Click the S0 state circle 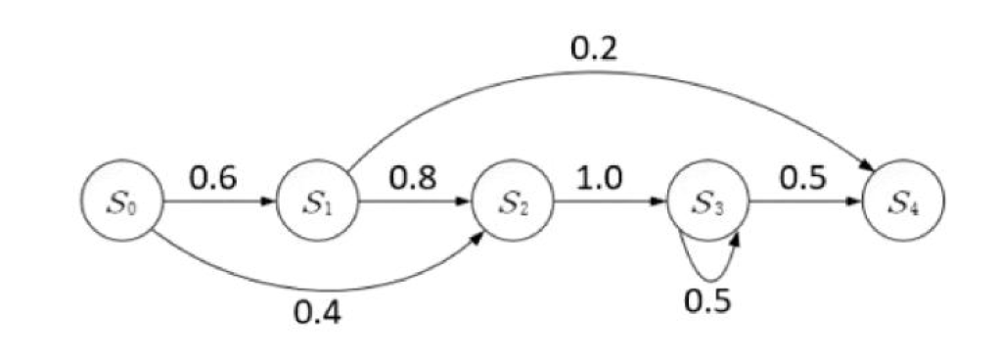(122, 204)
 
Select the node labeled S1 (318, 204)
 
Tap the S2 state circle (513, 204)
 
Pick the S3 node (708, 204)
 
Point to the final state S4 (903, 204)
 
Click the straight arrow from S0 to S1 (220, 204)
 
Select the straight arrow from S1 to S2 (416, 204)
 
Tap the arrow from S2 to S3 (611, 204)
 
